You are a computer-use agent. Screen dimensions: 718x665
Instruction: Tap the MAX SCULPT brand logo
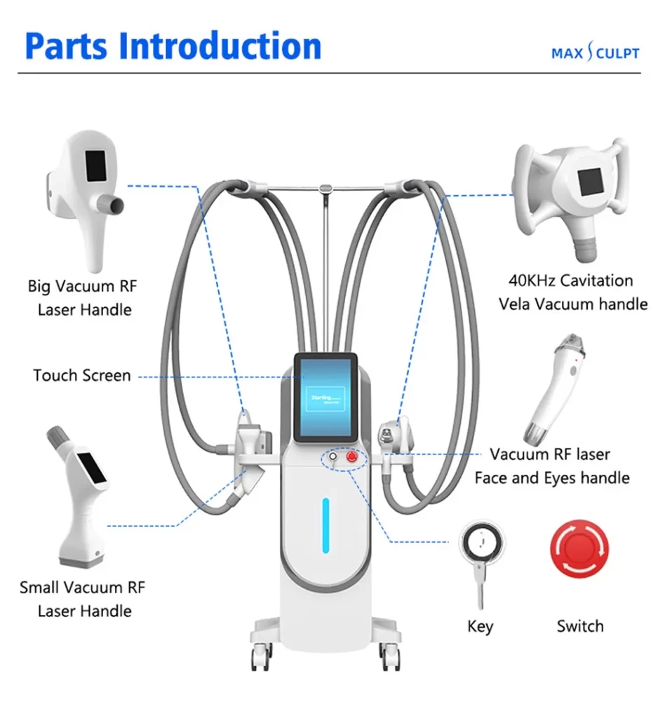595,53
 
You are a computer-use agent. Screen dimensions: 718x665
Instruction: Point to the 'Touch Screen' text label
82,376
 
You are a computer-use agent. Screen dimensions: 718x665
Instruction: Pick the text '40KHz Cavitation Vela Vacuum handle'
572,292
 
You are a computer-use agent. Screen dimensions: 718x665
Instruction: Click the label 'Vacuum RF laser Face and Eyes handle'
551,466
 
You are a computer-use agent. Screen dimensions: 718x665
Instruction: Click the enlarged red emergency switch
579,549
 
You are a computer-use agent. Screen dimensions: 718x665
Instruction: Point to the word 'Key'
481,626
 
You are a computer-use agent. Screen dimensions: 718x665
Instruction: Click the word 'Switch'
580,626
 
